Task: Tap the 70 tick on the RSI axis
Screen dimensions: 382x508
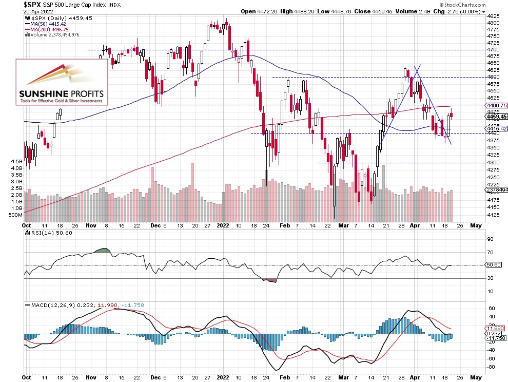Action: pos(490,253)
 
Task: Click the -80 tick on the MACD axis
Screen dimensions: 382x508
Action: pos(491,367)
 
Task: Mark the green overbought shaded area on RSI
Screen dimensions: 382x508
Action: pos(103,251)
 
